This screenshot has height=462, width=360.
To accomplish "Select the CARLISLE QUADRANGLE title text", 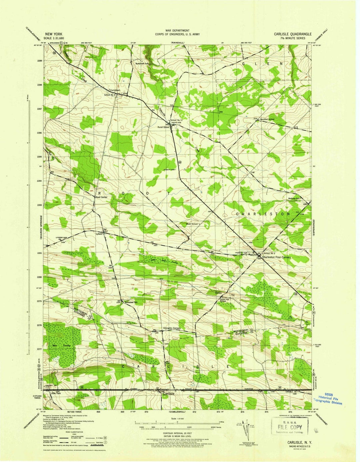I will (293, 34).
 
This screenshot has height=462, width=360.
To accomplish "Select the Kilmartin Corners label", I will (172, 328).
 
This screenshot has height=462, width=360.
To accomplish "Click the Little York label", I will (55, 393).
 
